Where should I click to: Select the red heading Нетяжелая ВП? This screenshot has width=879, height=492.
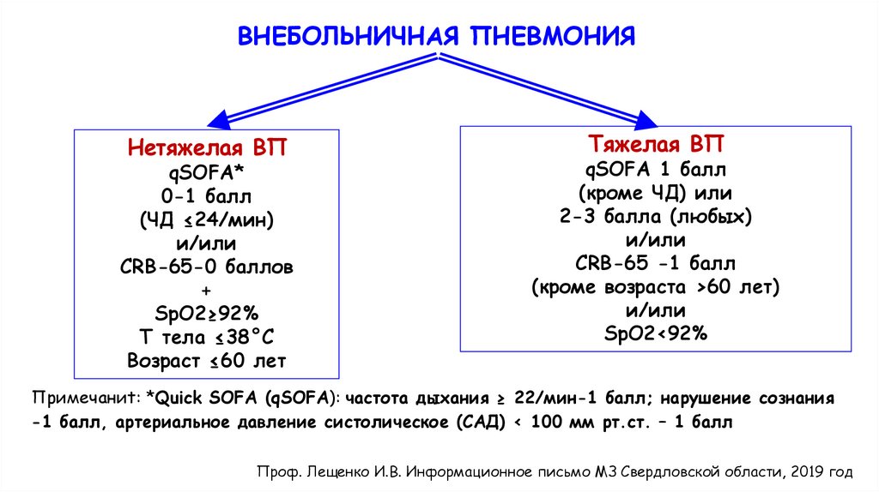pyautogui.click(x=206, y=147)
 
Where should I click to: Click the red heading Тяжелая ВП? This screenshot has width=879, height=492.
pyautogui.click(x=657, y=142)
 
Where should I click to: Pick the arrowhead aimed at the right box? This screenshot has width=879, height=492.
pyautogui.click(x=653, y=117)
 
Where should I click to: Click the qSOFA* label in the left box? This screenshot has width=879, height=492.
pyautogui.click(x=206, y=172)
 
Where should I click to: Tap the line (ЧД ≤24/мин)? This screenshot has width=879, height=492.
pyautogui.click(x=206, y=220)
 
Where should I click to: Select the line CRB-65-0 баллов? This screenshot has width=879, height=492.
pyautogui.click(x=206, y=267)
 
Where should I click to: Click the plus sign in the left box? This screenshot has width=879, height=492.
pyautogui.click(x=206, y=290)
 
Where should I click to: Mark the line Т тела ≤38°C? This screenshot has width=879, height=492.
pyautogui.click(x=206, y=335)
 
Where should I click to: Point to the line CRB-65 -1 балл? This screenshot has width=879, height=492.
pyautogui.click(x=657, y=262)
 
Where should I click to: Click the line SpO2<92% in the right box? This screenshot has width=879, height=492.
pyautogui.click(x=657, y=333)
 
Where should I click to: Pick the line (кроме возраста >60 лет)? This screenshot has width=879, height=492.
pyautogui.click(x=657, y=286)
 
